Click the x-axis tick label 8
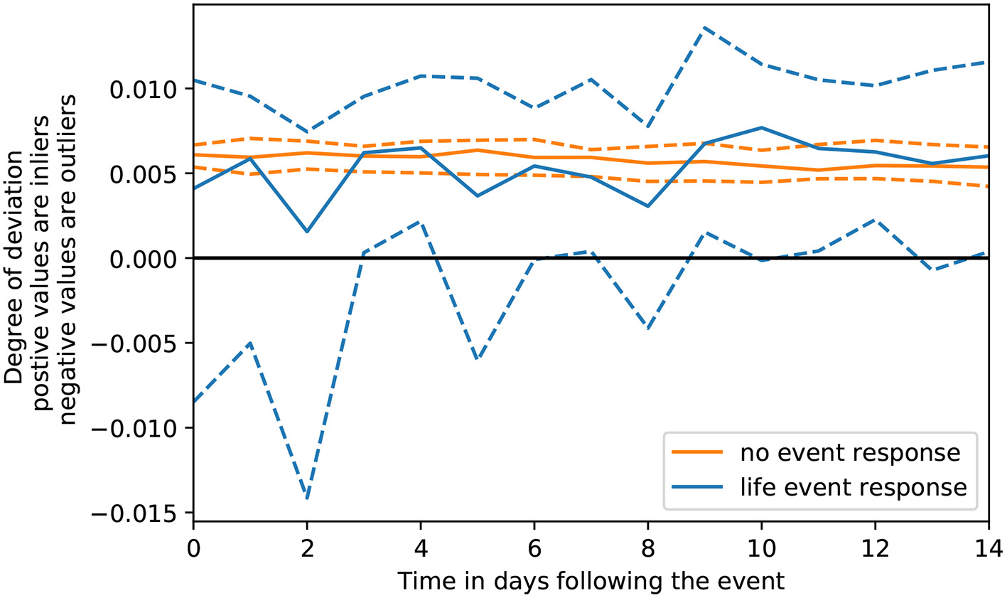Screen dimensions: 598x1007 click(x=648, y=548)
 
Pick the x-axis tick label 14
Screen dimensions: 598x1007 click(x=988, y=548)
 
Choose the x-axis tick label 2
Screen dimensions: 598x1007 click(x=307, y=548)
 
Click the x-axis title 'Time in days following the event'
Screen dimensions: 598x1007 click(x=591, y=581)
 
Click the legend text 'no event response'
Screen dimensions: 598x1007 click(x=850, y=452)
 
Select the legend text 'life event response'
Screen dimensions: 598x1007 click(x=853, y=487)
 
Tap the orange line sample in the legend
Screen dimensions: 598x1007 click(x=699, y=452)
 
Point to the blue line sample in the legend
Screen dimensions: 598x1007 click(x=699, y=487)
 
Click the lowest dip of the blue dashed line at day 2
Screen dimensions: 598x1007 click(x=307, y=498)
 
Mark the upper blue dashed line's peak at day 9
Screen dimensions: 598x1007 click(x=704, y=28)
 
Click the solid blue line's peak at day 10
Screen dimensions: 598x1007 click(x=761, y=128)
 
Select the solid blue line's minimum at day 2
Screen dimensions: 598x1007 click(x=307, y=232)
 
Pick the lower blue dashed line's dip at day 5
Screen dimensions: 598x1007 click(x=478, y=360)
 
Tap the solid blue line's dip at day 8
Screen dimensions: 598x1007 click(x=648, y=206)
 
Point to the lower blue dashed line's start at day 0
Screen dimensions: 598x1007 click(x=194, y=402)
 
